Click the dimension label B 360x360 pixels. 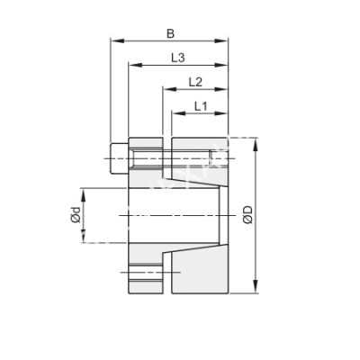170,33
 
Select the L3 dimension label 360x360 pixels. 177,58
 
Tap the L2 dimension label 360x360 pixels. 194,82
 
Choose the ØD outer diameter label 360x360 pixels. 247,216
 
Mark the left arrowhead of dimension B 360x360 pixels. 113,40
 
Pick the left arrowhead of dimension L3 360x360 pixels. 132,65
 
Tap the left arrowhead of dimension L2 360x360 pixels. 166,89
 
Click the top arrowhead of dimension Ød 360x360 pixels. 83,191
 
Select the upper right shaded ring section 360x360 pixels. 199,162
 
